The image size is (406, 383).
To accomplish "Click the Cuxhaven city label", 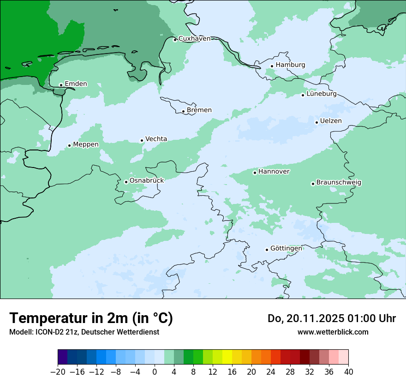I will click(x=194, y=39).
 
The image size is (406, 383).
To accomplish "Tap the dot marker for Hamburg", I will click(x=272, y=66).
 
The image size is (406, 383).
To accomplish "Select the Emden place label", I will click(x=76, y=84).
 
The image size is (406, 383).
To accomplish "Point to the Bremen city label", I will click(x=199, y=110).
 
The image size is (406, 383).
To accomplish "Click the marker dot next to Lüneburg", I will click(x=303, y=95).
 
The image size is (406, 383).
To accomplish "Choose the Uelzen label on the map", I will click(x=331, y=121).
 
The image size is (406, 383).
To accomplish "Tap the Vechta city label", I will click(x=156, y=139).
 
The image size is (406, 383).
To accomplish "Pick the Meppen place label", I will click(x=86, y=145).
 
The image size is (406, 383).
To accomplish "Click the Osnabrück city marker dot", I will click(x=126, y=182).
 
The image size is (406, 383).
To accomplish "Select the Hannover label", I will click(x=274, y=172).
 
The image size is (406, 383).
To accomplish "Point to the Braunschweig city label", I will click(x=339, y=183).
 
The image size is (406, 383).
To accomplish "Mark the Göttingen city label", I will click(x=286, y=249).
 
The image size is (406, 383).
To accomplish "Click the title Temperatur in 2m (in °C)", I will click(x=91, y=318).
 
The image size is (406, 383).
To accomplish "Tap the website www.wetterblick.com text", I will click(x=333, y=332).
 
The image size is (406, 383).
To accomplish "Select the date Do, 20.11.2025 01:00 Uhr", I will click(x=332, y=318).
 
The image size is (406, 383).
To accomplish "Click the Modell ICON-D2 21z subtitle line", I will click(x=84, y=332).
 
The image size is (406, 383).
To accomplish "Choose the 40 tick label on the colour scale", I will click(x=348, y=372).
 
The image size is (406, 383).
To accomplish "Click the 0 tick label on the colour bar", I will click(x=155, y=372).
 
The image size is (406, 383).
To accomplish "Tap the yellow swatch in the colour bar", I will click(x=227, y=357).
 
